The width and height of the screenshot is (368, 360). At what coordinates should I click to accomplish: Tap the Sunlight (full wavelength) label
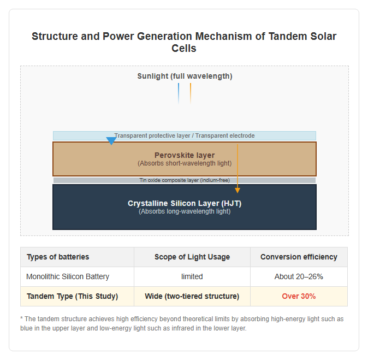click(185, 76)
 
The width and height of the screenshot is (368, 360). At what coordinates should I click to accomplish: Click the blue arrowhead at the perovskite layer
click(111, 141)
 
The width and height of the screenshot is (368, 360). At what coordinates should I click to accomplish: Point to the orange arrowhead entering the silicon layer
click(238, 190)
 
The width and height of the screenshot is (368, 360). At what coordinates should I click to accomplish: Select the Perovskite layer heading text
click(185, 155)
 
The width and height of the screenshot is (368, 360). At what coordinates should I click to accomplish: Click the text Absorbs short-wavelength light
click(185, 163)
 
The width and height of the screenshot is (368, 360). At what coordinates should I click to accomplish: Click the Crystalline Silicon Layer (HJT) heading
click(185, 203)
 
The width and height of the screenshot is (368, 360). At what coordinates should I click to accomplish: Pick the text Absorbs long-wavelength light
click(185, 211)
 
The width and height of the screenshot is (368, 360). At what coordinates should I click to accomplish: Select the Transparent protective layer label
click(152, 135)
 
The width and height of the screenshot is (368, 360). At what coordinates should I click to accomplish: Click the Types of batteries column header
click(58, 257)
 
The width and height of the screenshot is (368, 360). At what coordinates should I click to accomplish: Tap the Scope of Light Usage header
click(192, 257)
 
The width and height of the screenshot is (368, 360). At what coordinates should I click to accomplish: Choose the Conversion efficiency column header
click(299, 257)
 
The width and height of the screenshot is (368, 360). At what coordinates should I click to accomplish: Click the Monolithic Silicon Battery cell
click(68, 276)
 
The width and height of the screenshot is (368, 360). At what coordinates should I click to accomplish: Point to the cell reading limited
click(192, 276)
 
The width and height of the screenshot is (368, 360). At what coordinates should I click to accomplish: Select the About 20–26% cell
click(299, 276)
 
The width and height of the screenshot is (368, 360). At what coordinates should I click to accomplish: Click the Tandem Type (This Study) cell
click(72, 297)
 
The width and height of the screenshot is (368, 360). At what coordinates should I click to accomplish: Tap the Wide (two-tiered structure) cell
click(192, 297)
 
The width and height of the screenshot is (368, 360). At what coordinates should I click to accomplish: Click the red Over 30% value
click(299, 297)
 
